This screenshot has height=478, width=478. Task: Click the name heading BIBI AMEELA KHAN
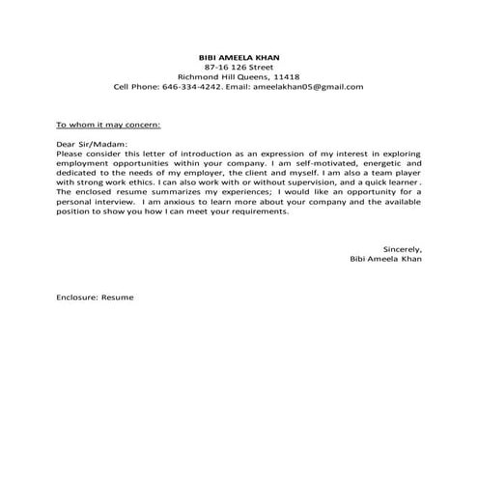coord(239,58)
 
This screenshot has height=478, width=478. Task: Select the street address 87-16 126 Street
coord(239,68)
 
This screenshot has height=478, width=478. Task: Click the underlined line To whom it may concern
coord(108,126)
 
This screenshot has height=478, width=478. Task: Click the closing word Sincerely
coord(403,249)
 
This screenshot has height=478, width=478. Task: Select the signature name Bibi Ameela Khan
coord(387,259)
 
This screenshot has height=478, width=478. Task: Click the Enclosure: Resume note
coord(95,297)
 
